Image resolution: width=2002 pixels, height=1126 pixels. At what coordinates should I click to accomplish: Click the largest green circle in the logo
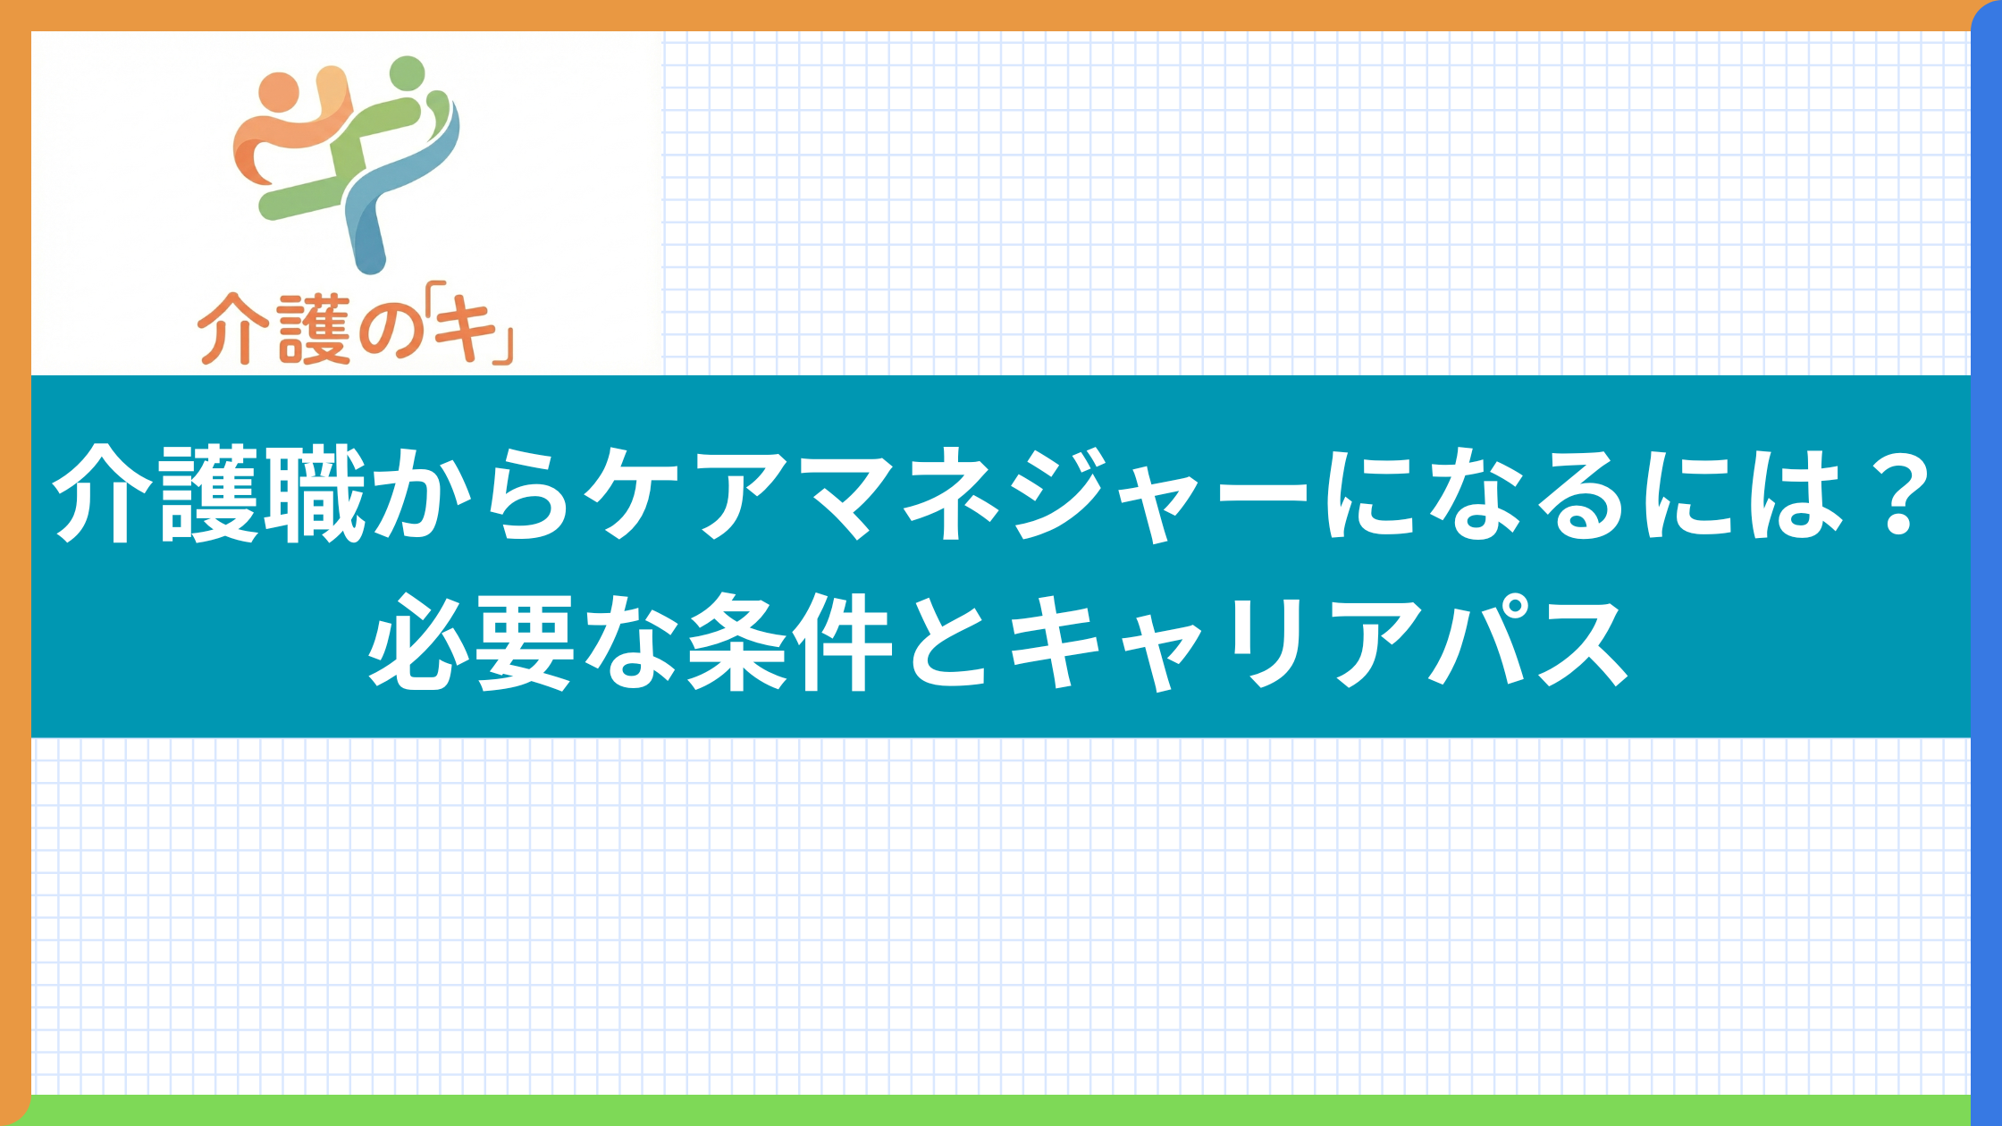click(408, 73)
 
